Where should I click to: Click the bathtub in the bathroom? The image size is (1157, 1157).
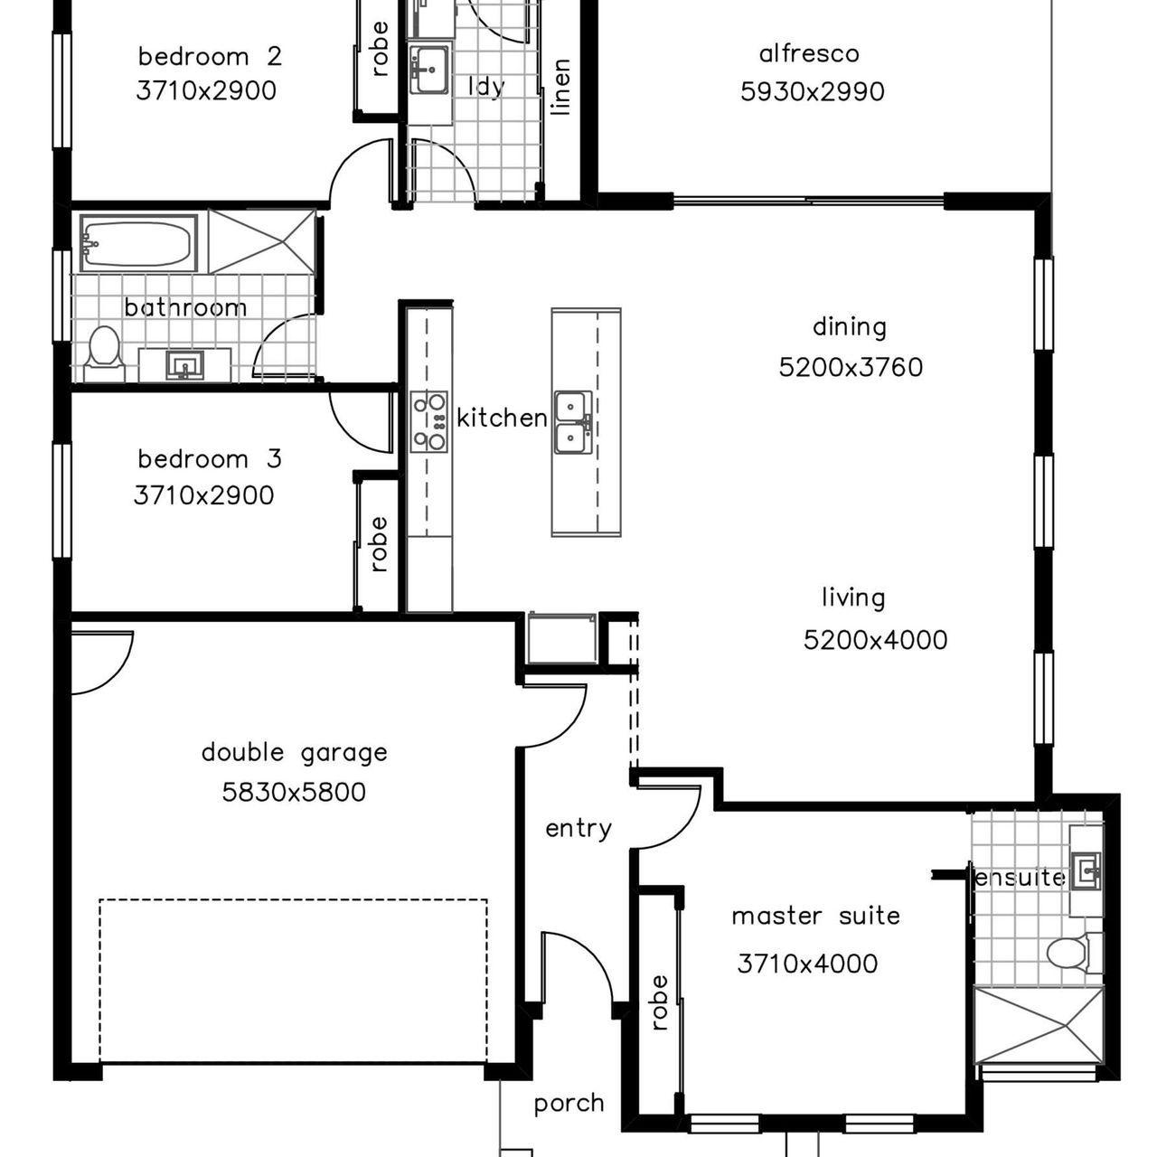138,242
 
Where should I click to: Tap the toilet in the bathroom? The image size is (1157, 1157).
104,353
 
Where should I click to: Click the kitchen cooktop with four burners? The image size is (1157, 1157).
428,421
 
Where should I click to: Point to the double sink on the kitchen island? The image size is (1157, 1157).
573,422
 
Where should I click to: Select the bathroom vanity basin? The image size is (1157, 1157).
185,365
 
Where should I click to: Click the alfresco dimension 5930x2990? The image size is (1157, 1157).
813,92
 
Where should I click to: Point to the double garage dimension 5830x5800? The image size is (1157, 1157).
294,793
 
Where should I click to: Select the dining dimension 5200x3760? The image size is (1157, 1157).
851,368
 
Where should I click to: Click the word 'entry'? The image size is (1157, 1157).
578,829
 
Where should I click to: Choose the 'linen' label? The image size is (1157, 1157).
560,87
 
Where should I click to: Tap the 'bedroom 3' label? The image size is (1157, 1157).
210,459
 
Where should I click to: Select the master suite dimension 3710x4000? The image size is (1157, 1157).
807,964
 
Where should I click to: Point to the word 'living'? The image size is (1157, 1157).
853,598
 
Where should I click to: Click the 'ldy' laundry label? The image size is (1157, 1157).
485,87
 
